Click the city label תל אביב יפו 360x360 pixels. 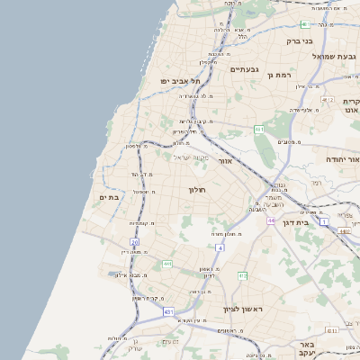[x=181, y=81]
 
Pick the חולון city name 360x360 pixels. [x=198, y=190]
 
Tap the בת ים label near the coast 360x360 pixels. [x=109, y=197]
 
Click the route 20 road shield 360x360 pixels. [x=134, y=242]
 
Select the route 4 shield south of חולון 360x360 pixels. [x=220, y=247]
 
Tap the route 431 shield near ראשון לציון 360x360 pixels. [x=169, y=311]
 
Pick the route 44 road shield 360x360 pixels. [x=270, y=220]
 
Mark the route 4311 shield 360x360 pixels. [x=332, y=330]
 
